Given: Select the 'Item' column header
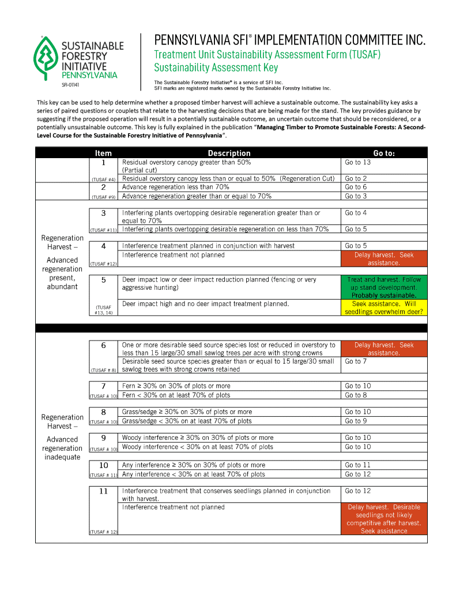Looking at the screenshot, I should coord(103,153).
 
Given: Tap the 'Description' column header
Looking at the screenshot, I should coord(229,153).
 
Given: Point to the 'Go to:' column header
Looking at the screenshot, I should coord(384,153).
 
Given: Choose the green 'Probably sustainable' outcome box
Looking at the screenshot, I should coord(384,287).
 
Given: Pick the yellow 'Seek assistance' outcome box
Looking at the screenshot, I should coord(384,308).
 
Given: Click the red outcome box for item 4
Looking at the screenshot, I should coord(384,259).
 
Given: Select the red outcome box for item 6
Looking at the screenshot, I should coord(384,349).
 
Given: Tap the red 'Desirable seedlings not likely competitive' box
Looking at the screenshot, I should coord(384,519).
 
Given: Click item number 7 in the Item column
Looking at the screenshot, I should coord(103,386).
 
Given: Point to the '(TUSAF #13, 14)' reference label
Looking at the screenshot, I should coord(103,310).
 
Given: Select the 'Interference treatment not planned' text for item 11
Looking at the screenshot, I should coord(174,507).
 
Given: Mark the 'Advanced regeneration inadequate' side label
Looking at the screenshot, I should coord(62,448).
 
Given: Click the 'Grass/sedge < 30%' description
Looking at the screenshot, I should coord(187,421).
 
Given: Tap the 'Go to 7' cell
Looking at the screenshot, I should coord(356,362).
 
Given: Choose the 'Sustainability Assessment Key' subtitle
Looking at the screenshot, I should coord(216,68).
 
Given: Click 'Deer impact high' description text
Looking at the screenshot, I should coord(205,304).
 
